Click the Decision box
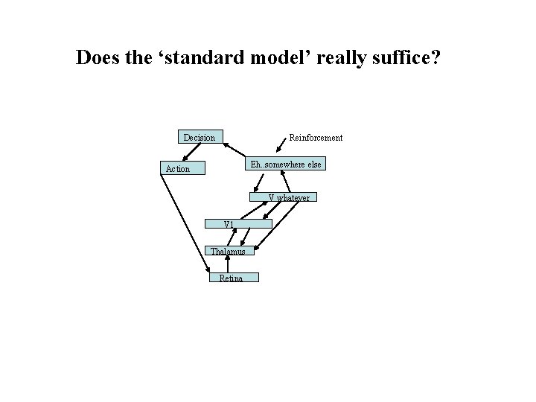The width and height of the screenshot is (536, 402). pos(200,137)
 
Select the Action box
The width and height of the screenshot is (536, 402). pos(178,169)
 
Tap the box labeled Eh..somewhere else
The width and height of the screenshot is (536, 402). pos(286,164)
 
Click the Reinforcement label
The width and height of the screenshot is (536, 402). pos(316,138)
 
